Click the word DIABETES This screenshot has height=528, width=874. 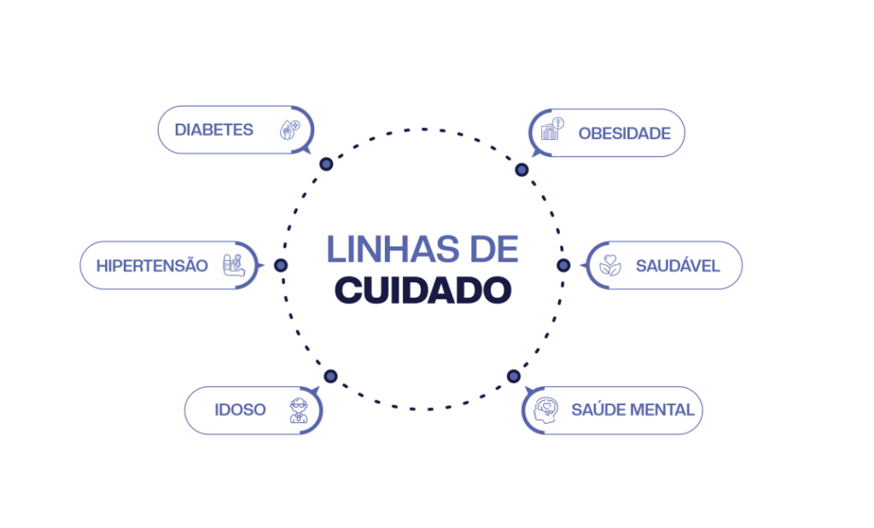click(213, 130)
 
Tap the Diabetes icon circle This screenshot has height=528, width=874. click(288, 131)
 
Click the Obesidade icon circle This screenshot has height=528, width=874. click(552, 132)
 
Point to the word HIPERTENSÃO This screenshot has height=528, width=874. click(152, 265)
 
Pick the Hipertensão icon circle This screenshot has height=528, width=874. click(233, 264)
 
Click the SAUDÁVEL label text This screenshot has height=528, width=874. click(678, 266)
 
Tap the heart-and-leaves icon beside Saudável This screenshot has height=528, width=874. click(609, 265)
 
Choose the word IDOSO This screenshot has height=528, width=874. click(240, 410)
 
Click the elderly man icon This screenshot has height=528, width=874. click(298, 410)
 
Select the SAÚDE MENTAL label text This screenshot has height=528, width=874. click(632, 411)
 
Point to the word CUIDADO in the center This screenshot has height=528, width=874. click(422, 290)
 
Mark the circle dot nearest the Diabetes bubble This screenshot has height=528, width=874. click(325, 164)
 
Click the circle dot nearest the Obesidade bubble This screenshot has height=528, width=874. click(521, 170)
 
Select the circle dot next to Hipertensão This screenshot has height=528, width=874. click(281, 265)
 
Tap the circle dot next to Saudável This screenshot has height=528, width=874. click(563, 265)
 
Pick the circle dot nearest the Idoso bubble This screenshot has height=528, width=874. click(330, 376)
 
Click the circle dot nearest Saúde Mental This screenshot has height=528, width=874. click(513, 376)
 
